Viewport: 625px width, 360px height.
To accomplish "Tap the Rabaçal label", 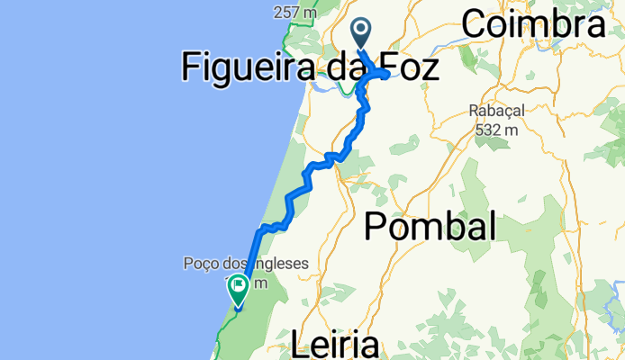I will (494, 112).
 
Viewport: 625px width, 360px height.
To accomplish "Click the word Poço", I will (200, 265).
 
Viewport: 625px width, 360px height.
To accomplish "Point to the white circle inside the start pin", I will (362, 29).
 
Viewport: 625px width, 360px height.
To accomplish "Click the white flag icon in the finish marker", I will (239, 288).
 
